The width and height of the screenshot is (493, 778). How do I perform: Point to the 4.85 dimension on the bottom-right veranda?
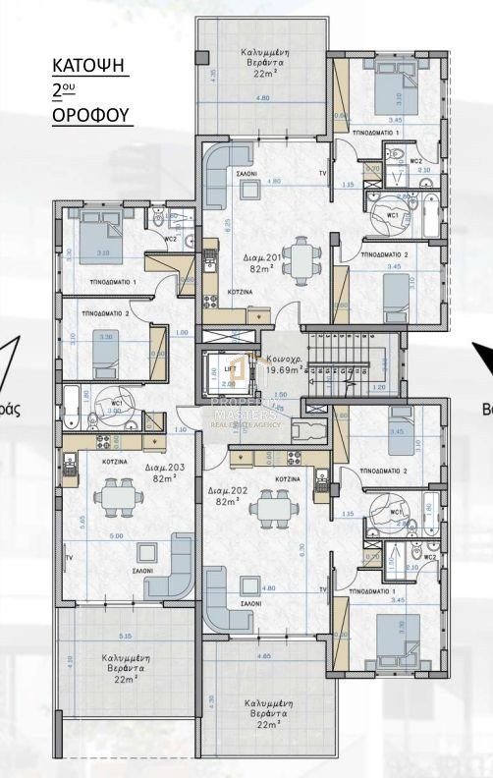click(263, 655)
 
